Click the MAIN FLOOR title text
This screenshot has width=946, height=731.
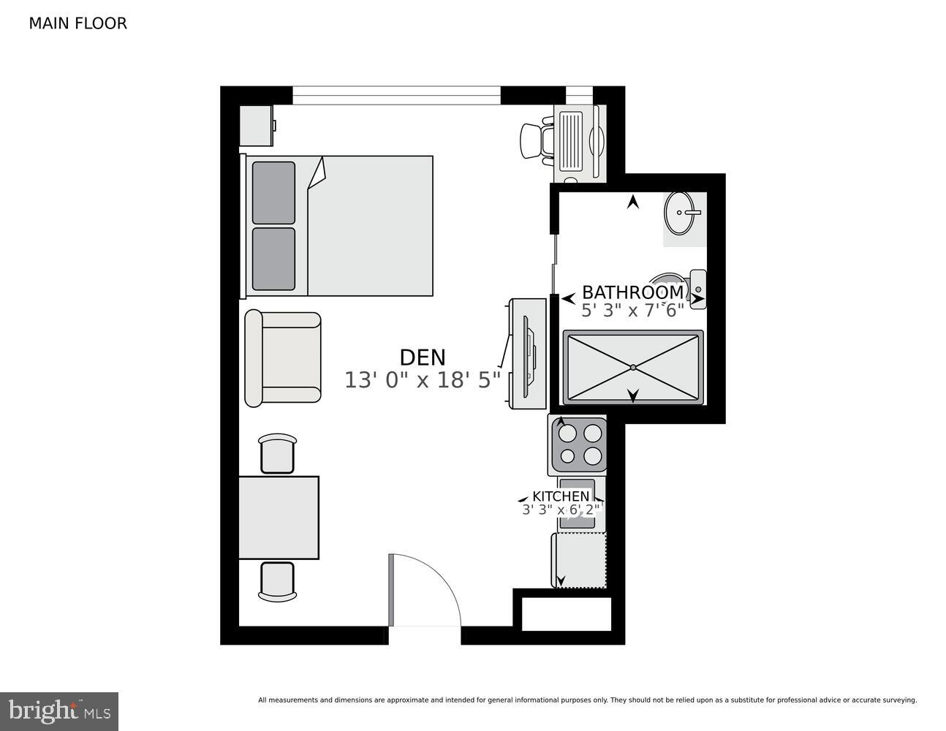(x=77, y=23)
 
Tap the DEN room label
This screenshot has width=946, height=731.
(x=422, y=357)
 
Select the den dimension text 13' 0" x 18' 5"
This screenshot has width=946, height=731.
(x=422, y=380)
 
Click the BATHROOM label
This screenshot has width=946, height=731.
(x=632, y=292)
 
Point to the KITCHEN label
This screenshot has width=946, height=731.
(x=560, y=496)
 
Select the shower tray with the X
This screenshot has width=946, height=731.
(x=632, y=367)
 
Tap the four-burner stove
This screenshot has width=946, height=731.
(x=578, y=445)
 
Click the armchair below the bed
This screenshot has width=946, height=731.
(x=283, y=357)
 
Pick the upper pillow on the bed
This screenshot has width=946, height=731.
(x=273, y=192)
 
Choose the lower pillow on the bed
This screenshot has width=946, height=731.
(x=273, y=259)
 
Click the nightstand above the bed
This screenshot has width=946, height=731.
(x=257, y=125)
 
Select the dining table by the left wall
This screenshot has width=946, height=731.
(x=279, y=518)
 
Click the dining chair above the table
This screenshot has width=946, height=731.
(x=278, y=454)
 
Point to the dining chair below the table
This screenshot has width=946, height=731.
(x=278, y=581)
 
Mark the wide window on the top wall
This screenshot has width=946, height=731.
(x=396, y=95)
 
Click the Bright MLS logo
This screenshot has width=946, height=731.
(x=59, y=711)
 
